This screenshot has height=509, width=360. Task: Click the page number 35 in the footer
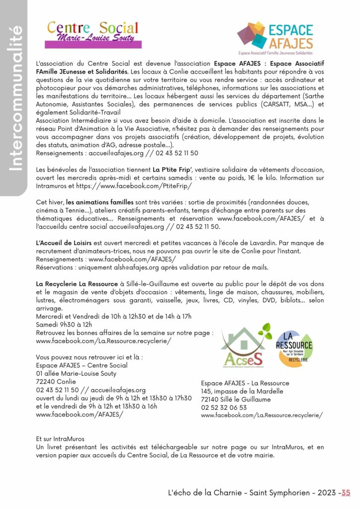tap(346, 493)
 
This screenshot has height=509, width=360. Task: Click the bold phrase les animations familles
tap(99, 202)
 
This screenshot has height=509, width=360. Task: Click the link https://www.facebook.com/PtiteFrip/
tap(125, 186)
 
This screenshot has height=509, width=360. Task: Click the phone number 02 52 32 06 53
tap(224, 407)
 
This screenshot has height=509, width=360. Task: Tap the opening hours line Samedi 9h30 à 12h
tap(64, 325)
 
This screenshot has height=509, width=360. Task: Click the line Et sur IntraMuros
tap(60, 439)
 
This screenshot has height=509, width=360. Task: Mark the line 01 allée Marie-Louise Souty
tap(76, 373)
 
